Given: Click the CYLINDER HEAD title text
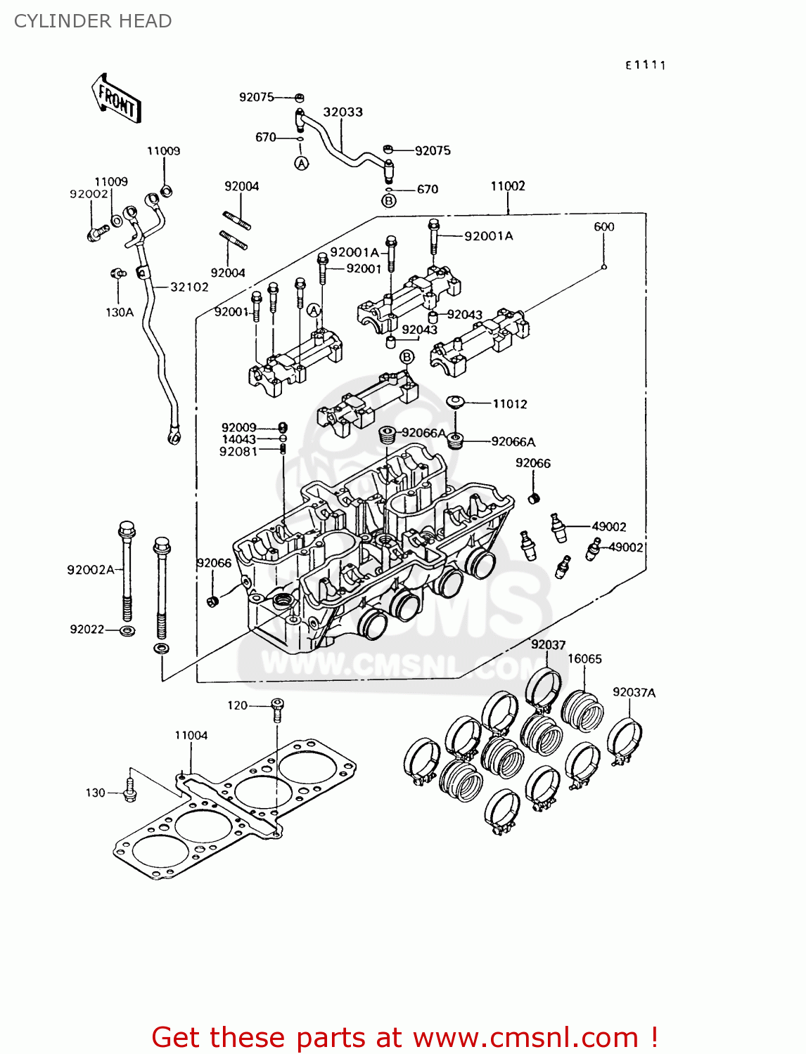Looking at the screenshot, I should [93, 21].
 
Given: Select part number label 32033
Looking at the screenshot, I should [343, 112].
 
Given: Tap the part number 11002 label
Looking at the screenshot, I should [508, 186].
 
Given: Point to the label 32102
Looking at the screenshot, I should [189, 287].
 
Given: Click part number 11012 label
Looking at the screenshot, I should [510, 404].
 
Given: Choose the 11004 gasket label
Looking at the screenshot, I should [191, 736].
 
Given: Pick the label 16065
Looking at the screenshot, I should [584, 659].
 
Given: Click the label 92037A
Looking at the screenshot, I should [634, 693].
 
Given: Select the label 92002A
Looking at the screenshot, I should [91, 570].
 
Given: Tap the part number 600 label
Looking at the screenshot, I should [604, 227].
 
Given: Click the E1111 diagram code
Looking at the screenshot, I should [646, 65].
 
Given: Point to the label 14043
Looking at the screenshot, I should [239, 440].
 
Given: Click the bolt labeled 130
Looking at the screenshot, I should [129, 791].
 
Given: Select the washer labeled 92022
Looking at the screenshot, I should [127, 630].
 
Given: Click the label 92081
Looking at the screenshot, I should [238, 452].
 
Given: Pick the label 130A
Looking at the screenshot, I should [120, 313].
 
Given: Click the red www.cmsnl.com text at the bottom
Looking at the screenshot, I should [525, 1038].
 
